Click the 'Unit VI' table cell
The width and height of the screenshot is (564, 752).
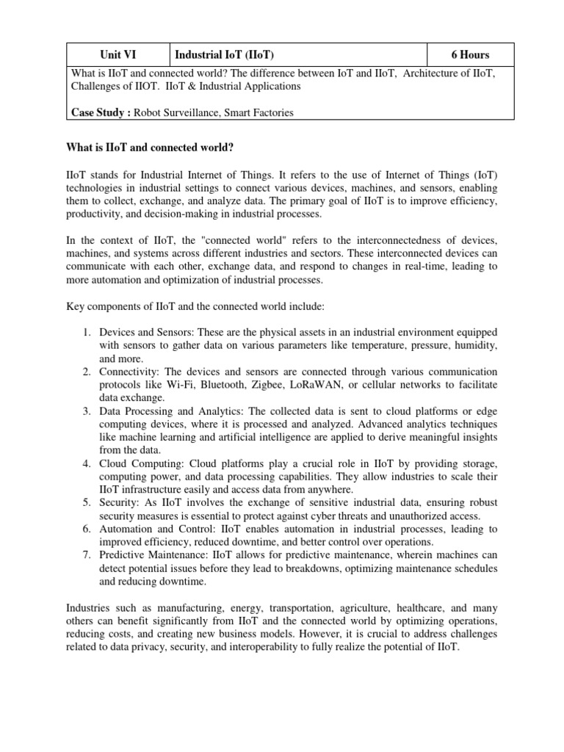point(118,55)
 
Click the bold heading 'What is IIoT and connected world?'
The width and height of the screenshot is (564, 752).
point(150,148)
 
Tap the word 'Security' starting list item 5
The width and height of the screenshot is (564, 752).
point(117,503)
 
